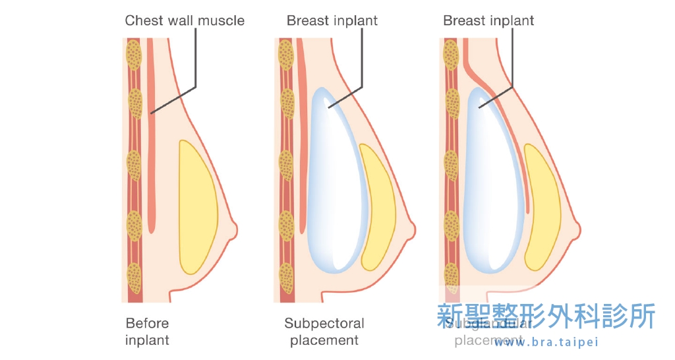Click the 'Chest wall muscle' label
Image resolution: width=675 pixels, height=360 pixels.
tap(185, 20)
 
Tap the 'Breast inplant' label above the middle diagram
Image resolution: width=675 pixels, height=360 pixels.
tap(332, 20)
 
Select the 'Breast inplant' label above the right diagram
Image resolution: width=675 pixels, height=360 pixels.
tap(488, 20)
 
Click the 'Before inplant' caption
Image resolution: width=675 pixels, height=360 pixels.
tap(148, 332)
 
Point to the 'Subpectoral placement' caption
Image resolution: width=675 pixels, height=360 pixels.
tap(324, 332)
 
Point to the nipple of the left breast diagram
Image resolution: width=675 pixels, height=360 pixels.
tap(233, 229)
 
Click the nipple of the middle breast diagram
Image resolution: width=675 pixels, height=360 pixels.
tap(411, 229)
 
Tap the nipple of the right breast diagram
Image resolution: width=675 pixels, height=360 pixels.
tap(576, 229)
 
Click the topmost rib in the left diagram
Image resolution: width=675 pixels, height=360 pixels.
tap(134, 55)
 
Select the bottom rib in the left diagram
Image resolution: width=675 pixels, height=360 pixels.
tap(134, 278)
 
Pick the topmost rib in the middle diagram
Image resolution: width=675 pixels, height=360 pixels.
tap(286, 55)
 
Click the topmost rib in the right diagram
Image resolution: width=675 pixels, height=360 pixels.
tap(451, 55)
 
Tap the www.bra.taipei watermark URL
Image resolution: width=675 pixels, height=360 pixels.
tap(548, 342)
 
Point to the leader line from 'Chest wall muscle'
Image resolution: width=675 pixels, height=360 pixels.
tap(195, 66)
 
